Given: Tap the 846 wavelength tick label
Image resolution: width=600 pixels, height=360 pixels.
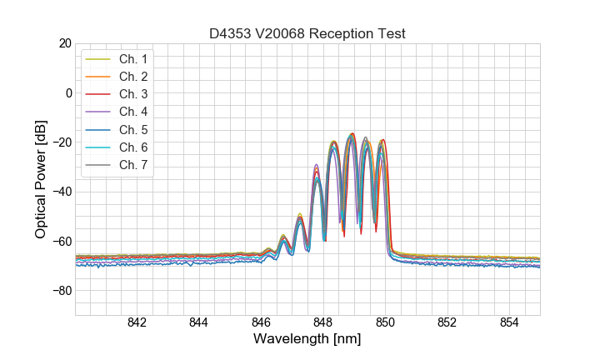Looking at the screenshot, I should (261, 324).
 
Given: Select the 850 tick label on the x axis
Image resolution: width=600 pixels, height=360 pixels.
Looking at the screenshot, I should (385, 324).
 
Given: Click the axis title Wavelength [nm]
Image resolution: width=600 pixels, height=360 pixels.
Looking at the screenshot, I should (307, 340).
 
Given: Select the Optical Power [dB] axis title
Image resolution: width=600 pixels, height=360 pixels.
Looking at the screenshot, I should (41, 179).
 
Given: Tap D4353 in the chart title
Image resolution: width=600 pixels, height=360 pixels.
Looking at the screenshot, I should (231, 34).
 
